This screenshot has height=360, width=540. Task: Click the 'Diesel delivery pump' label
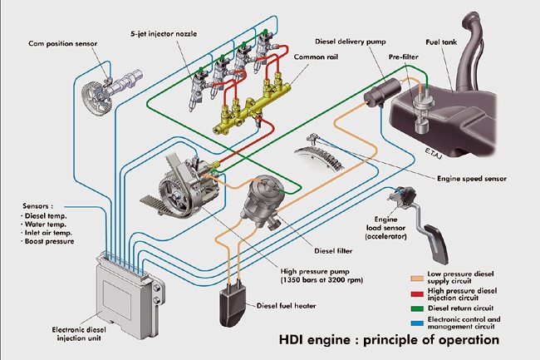coord(350,40)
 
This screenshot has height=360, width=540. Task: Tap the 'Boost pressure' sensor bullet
coord(52,242)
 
